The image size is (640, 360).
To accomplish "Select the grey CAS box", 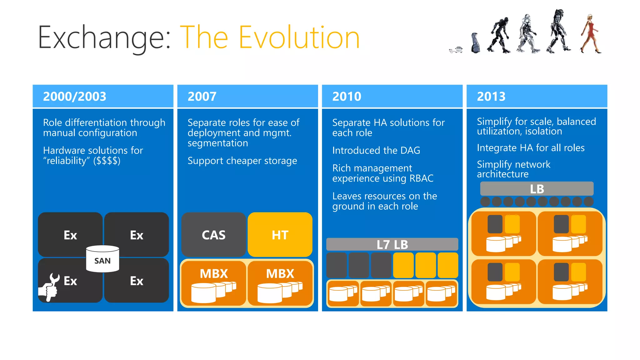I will click(213, 235).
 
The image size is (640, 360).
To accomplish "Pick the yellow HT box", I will click(280, 235).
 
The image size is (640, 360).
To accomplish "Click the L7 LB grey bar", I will click(392, 244).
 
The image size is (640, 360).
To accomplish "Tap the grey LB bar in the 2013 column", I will click(537, 189).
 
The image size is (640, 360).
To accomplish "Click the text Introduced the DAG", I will click(376, 150).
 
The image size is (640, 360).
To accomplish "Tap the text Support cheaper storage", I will click(242, 161).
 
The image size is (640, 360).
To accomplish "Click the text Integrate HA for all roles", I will click(530, 148).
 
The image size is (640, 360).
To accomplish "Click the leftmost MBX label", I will click(214, 274).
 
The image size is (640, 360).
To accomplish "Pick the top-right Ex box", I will click(137, 235).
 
